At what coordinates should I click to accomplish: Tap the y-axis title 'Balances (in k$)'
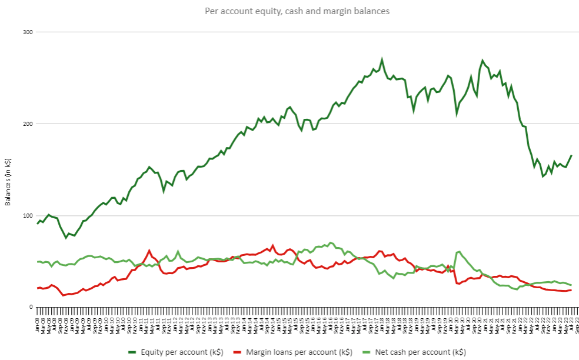[8, 182]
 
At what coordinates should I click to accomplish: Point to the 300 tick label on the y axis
[26, 32]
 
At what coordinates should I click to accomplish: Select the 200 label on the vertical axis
[26, 124]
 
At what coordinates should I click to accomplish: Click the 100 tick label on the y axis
[26, 215]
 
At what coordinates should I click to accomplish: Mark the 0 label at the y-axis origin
[31, 307]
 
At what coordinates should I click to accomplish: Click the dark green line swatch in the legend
[135, 352]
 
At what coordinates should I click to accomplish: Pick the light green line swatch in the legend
[369, 352]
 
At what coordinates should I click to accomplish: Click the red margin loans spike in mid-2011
[149, 251]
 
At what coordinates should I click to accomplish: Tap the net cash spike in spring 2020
[459, 252]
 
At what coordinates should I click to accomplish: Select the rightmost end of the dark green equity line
[571, 155]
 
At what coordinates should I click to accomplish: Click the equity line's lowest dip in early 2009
[66, 238]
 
